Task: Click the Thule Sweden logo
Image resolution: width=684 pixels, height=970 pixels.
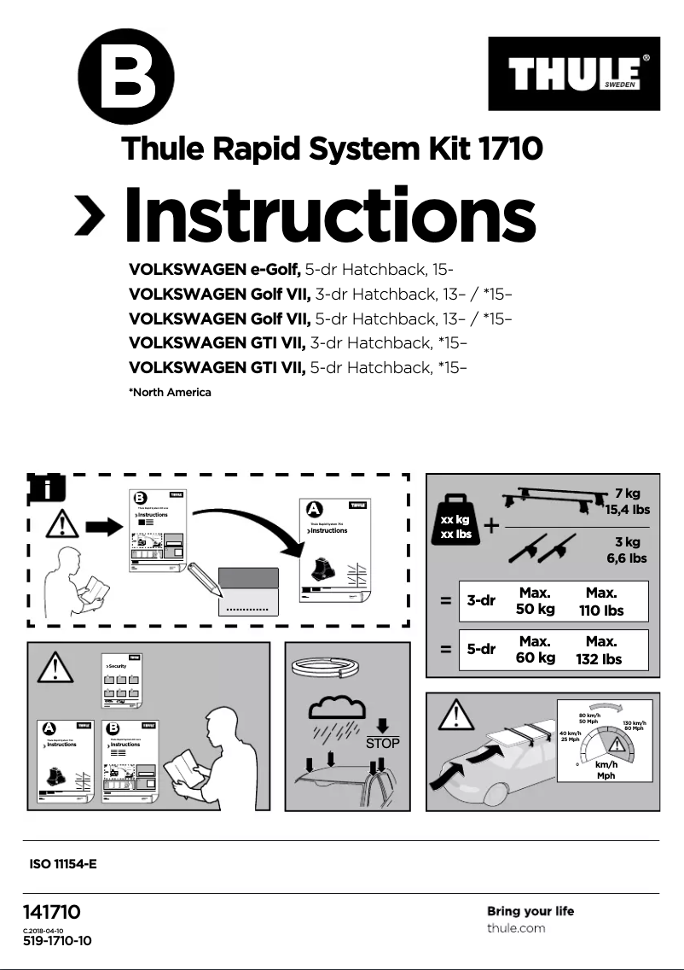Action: click(x=575, y=74)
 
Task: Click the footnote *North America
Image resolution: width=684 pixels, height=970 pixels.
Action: click(x=169, y=393)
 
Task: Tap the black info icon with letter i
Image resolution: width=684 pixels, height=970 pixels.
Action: click(x=48, y=488)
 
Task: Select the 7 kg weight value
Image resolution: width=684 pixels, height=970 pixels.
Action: click(x=627, y=494)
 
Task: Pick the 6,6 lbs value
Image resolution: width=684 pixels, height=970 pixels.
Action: click(x=627, y=558)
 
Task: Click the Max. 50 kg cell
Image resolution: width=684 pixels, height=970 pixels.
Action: click(x=535, y=600)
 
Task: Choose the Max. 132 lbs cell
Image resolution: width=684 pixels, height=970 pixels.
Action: click(x=599, y=650)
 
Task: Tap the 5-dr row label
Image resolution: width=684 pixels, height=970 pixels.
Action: click(x=481, y=649)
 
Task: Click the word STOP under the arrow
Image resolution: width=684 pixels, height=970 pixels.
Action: click(x=382, y=744)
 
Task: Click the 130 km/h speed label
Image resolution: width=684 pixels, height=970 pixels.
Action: click(x=634, y=724)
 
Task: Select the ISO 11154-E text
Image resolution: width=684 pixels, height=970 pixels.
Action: click(x=63, y=864)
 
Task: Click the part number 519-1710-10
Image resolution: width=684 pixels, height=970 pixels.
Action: click(x=57, y=941)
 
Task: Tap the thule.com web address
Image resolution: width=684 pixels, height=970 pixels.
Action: click(x=516, y=928)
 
